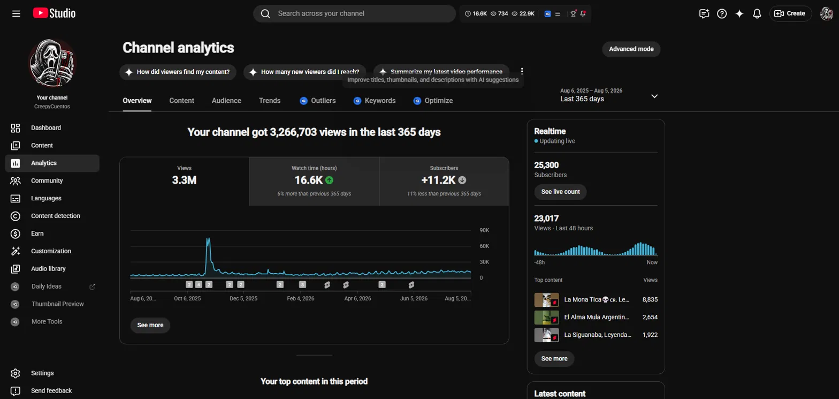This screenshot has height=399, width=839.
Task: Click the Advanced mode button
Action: pyautogui.click(x=631, y=49)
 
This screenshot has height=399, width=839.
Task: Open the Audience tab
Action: pyautogui.click(x=226, y=101)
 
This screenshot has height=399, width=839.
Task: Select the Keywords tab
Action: pyautogui.click(x=375, y=101)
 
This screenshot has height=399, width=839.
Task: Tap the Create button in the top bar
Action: pyautogui.click(x=790, y=13)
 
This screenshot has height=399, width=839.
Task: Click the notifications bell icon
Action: pyautogui.click(x=757, y=13)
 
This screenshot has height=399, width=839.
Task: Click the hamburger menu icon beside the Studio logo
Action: pyautogui.click(x=16, y=13)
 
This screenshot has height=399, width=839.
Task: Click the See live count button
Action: pyautogui.click(x=560, y=192)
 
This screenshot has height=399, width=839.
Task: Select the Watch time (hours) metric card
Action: pyautogui.click(x=314, y=181)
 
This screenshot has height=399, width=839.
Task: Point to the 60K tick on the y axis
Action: pyautogui.click(x=484, y=246)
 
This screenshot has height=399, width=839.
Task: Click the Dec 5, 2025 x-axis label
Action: pyautogui.click(x=243, y=298)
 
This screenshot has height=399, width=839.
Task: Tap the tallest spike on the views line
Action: pyautogui.click(x=208, y=239)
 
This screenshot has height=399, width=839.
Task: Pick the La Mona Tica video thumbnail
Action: pyautogui.click(x=546, y=299)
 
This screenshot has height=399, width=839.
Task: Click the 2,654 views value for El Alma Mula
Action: pyautogui.click(x=650, y=317)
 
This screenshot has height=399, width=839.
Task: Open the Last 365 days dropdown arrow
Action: pyautogui.click(x=654, y=96)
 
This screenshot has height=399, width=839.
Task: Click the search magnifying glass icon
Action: pyautogui.click(x=265, y=13)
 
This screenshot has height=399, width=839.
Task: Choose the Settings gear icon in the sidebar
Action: pyautogui.click(x=16, y=373)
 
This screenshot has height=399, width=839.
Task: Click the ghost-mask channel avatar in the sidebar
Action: pyautogui.click(x=52, y=63)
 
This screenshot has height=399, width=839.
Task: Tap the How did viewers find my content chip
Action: pyautogui.click(x=178, y=72)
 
